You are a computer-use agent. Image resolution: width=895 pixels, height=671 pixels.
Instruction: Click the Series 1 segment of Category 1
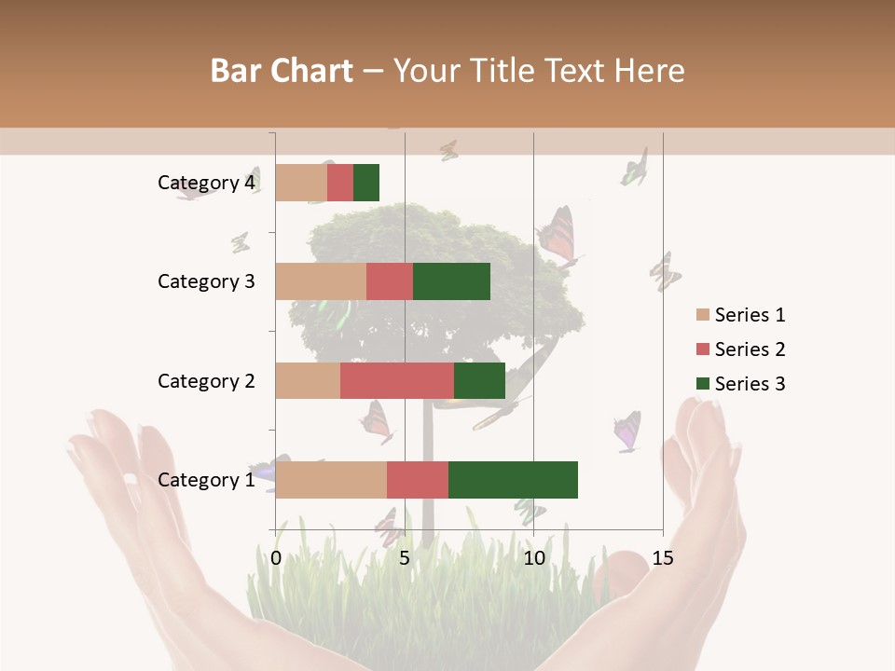coord(331,480)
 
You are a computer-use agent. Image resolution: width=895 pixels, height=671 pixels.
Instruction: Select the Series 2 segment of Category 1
coord(418,480)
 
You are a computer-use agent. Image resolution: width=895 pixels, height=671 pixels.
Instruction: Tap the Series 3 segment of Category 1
coord(513,480)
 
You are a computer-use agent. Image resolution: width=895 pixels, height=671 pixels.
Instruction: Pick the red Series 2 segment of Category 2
coord(397,380)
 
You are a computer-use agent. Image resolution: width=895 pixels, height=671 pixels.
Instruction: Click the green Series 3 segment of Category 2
coord(479,380)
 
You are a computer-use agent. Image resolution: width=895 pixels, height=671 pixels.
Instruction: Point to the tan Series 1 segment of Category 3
coord(321,281)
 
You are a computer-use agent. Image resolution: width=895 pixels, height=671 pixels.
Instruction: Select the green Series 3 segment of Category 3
coord(451,281)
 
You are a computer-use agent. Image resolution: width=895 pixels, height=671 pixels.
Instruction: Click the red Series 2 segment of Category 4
coord(340,183)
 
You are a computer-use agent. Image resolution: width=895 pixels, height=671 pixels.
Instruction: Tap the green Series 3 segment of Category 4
coord(366,183)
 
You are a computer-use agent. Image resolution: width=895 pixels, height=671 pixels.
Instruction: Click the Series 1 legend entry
coord(740,315)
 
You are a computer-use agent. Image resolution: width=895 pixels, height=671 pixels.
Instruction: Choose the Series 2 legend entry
coord(740,349)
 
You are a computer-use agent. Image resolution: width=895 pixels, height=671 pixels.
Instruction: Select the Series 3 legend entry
coord(740,384)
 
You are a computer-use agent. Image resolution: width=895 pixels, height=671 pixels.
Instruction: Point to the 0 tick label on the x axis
coord(276,558)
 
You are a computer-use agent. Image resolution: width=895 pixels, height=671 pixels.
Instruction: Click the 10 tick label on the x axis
coord(533,558)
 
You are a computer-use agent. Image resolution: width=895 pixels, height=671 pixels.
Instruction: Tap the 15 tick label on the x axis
coord(662,558)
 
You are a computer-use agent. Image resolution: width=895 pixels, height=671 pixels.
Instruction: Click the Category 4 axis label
coord(206,183)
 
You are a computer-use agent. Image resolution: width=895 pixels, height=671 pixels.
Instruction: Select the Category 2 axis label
coord(206,380)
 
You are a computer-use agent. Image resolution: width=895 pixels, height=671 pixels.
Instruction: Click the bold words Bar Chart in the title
coord(282,71)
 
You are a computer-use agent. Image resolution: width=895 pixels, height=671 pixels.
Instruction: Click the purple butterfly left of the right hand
coord(627,432)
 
